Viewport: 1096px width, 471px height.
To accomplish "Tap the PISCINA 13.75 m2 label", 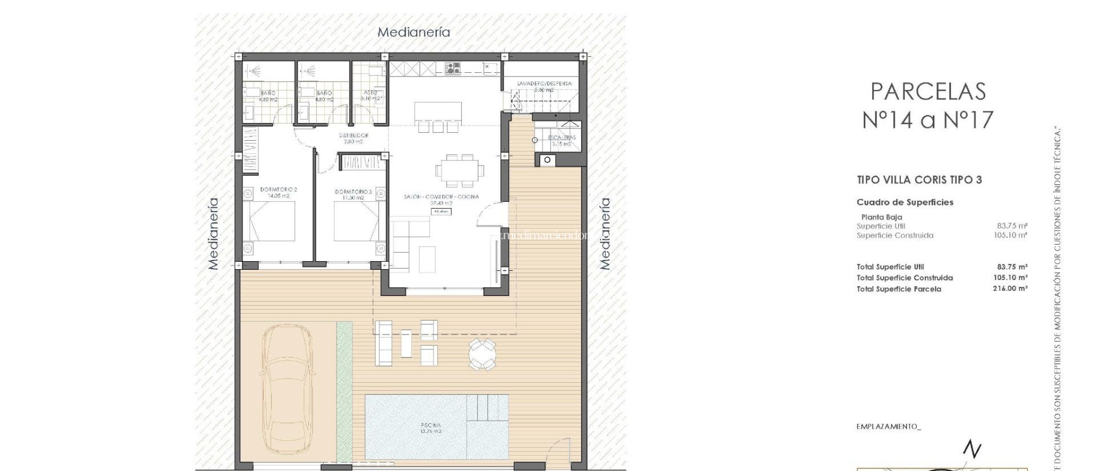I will pos(431,428).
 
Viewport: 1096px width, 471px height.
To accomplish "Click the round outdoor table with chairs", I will pos(482,354).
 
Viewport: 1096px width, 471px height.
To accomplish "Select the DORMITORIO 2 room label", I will pos(278,193).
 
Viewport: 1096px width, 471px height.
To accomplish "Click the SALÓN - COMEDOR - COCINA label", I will pos(441,197).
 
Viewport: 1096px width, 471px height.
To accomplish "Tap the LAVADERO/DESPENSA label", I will pos(544,84).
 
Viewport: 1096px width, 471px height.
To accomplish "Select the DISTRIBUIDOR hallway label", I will pos(353,138).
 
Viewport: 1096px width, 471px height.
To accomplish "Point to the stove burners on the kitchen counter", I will pos(453,68).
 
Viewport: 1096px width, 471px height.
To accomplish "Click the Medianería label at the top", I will pos(414,32).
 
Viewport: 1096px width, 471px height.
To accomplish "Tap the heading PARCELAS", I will pos(928,92).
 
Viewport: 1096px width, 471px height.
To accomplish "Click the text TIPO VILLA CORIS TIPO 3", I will pos(919,180).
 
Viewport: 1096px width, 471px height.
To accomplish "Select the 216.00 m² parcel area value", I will pos(1009,288).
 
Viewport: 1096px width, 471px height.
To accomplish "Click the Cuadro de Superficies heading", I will pos(904,202).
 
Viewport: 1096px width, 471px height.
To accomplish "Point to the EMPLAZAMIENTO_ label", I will pos(888,427).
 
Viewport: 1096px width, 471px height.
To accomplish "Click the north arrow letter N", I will pos(972,449).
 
